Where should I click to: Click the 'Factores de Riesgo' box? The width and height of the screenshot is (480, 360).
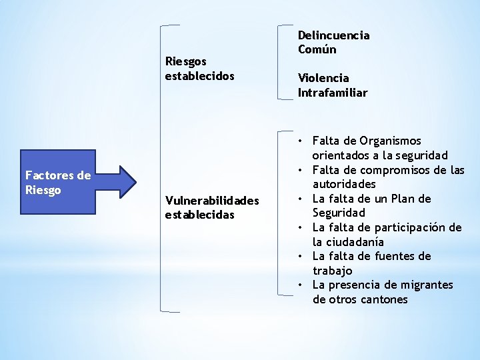coord(58,183)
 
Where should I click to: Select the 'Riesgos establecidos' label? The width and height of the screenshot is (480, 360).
coord(199,69)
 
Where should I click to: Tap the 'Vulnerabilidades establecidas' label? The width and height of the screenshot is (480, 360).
coord(212,207)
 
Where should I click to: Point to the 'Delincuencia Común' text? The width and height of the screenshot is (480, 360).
coord(333,42)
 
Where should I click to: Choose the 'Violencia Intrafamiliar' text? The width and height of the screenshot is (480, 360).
coord(333,85)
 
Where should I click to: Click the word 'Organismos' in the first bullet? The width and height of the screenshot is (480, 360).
coord(390,141)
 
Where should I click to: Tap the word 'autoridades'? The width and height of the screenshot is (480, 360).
coord(344,184)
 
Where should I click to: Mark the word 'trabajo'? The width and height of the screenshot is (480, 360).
coord(333,271)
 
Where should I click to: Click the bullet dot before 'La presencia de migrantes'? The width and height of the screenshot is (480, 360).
coord(302,285)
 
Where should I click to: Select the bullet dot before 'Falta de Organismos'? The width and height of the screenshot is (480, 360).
coord(302,141)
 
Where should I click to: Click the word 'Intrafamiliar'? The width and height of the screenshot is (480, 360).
coord(333,93)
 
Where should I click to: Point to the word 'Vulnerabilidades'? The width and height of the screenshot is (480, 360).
coord(212,201)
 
